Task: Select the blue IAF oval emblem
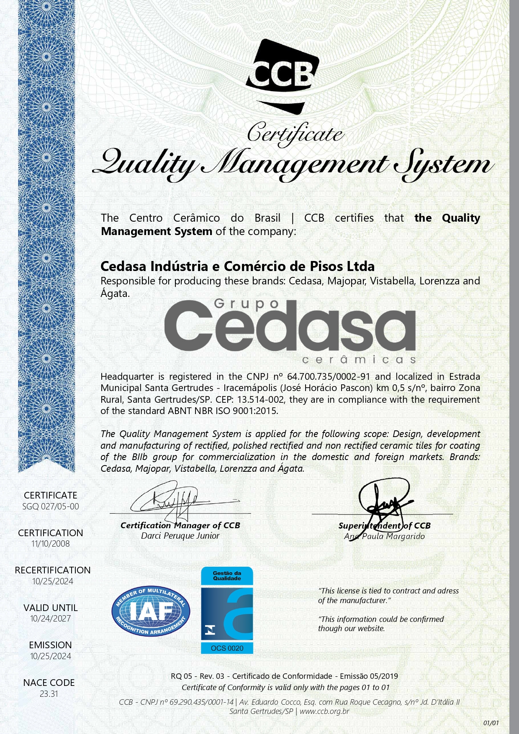point(151,611)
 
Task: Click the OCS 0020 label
point(227,648)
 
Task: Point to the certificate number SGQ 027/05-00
point(51,506)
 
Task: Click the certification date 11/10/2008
point(51,544)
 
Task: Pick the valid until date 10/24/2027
point(51,619)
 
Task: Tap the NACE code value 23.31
point(49,693)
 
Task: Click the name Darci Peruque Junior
point(180,536)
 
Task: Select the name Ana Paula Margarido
point(384,536)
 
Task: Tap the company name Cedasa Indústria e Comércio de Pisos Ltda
point(238,266)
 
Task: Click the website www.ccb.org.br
point(324,711)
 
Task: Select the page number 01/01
point(491,723)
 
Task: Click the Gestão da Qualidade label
point(227,575)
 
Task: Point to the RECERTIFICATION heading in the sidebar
point(53,570)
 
